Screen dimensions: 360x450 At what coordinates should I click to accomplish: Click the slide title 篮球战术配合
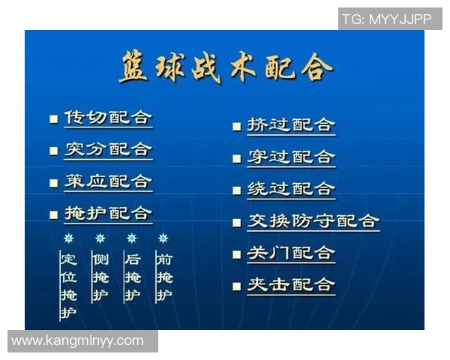(225, 68)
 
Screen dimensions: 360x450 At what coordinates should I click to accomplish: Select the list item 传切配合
(108, 118)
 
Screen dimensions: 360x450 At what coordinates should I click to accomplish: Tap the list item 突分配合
(108, 149)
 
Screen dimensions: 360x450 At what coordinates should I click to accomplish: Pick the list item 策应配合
(108, 181)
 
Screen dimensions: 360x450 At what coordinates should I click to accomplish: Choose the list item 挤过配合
(291, 124)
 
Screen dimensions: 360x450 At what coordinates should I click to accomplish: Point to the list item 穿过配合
(291, 157)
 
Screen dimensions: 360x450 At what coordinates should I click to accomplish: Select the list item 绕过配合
(291, 189)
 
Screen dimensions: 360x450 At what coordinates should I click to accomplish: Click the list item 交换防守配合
(313, 221)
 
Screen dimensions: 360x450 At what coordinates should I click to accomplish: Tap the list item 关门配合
(291, 253)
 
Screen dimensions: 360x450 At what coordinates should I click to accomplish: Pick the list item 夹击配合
(291, 285)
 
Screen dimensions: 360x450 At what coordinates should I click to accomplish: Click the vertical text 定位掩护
(68, 285)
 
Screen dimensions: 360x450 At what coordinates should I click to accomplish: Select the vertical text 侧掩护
(100, 277)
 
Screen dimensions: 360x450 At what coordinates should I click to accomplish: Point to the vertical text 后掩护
(132, 277)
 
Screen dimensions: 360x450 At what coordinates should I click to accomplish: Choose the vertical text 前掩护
(163, 277)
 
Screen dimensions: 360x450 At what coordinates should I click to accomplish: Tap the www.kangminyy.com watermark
(78, 341)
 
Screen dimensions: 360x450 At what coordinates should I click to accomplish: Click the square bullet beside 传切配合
(53, 119)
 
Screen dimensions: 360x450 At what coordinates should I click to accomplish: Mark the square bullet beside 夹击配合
(236, 286)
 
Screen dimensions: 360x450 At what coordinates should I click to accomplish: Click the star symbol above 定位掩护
(68, 238)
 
